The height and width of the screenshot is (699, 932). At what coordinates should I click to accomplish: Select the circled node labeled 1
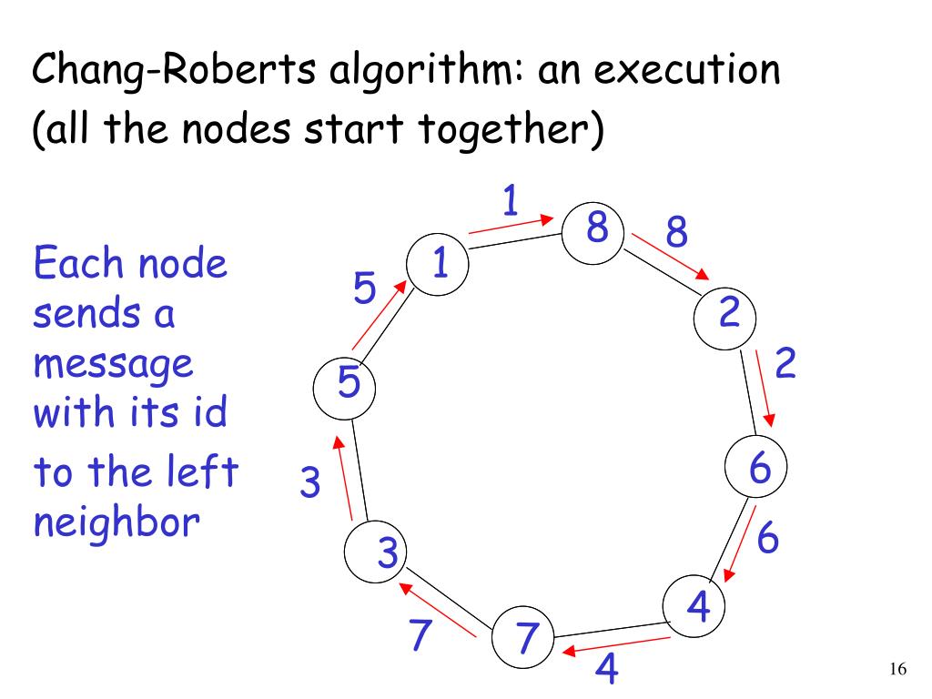click(x=438, y=264)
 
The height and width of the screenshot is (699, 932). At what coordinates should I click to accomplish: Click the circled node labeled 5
click(x=346, y=385)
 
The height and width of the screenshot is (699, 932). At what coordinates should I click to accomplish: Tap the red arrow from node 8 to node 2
click(x=670, y=258)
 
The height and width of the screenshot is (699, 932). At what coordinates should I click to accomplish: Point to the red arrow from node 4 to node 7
click(x=616, y=646)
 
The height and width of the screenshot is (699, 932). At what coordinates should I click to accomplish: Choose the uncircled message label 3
click(x=310, y=482)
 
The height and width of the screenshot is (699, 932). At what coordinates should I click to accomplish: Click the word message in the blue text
click(x=114, y=366)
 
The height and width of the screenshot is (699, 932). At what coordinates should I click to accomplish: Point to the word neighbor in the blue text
click(x=116, y=523)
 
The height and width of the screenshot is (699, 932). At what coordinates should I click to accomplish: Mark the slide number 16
click(x=897, y=670)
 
